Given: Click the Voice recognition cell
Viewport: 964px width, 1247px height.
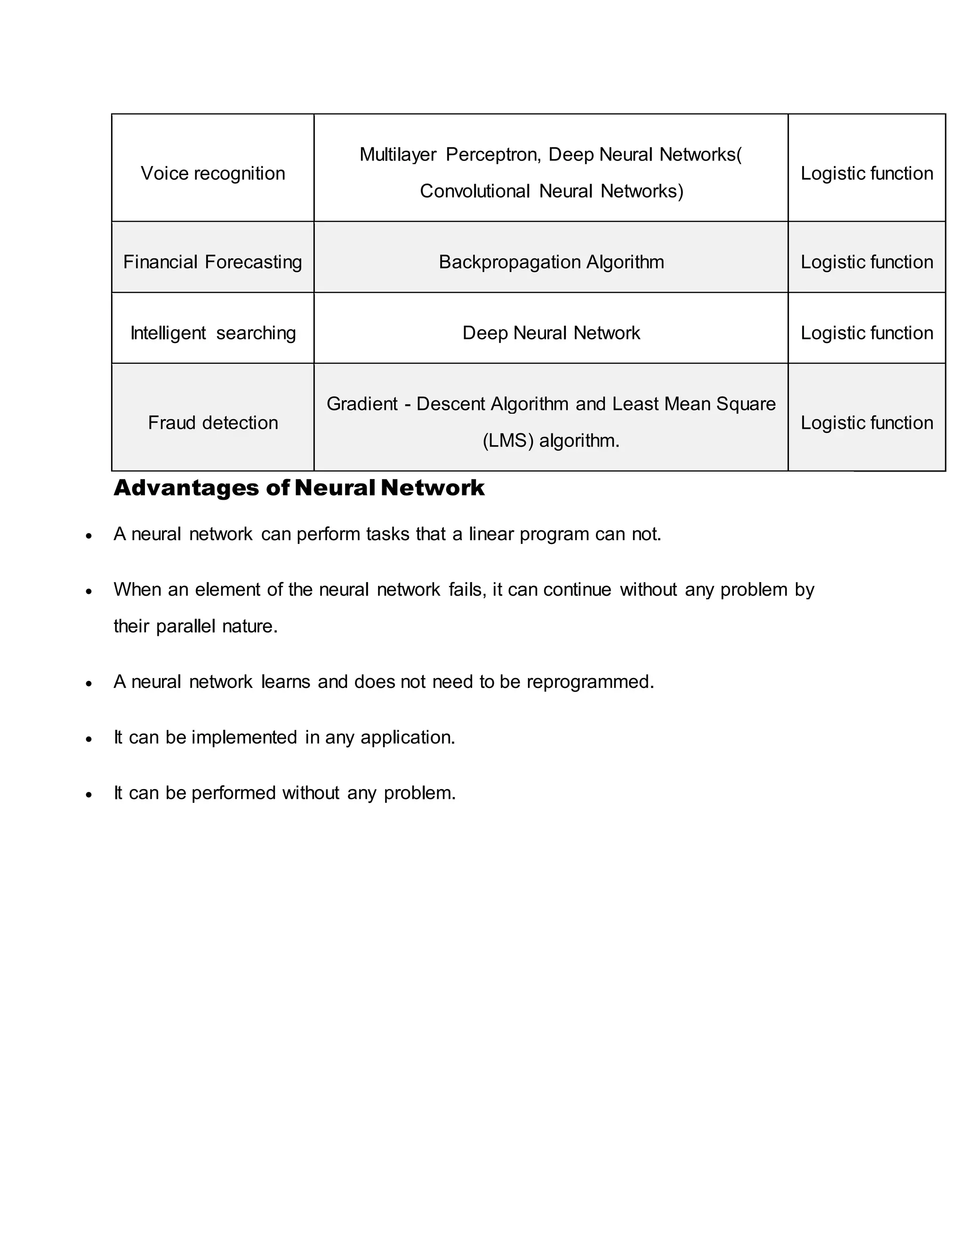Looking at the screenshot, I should (x=212, y=173).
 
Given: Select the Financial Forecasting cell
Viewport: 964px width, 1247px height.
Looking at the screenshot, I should (x=212, y=262).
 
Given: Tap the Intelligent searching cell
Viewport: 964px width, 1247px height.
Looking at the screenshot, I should (x=212, y=333).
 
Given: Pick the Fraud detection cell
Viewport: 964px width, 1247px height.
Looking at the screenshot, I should (x=212, y=423).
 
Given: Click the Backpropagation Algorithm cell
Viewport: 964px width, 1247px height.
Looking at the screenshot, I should (x=551, y=262).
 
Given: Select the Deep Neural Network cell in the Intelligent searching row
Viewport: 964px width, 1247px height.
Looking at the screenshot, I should (x=551, y=333).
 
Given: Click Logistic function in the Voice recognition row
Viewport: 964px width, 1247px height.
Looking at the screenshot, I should (x=867, y=173).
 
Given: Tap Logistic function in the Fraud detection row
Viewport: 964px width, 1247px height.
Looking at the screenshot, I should (x=867, y=423).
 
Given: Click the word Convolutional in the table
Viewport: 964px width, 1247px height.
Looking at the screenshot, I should (x=474, y=191).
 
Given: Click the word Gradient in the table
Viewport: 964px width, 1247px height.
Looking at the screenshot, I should (x=361, y=404).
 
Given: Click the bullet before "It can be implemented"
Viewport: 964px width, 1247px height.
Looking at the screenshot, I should (x=88, y=739).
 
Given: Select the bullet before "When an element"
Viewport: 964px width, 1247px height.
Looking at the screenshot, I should (x=88, y=591).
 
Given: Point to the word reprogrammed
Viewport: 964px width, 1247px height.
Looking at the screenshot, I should (x=589, y=682).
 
